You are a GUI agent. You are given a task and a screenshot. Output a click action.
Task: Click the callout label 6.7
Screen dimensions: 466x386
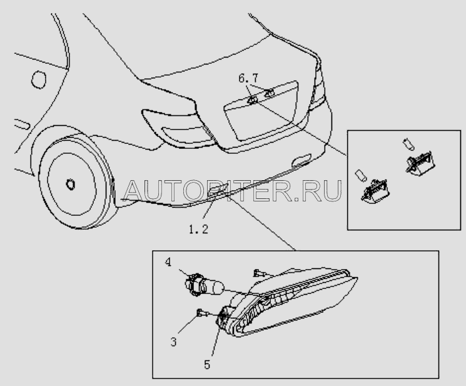[x=248, y=78]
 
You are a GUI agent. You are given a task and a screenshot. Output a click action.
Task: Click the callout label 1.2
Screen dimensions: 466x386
[x=198, y=229]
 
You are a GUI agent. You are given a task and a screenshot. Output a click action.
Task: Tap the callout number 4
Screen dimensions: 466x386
[x=168, y=262]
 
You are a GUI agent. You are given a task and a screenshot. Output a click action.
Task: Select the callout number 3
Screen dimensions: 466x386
[x=173, y=342]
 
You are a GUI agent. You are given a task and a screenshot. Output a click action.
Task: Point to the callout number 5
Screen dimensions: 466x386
[x=207, y=365]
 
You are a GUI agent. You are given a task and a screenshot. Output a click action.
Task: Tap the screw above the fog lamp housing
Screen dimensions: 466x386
[x=258, y=273]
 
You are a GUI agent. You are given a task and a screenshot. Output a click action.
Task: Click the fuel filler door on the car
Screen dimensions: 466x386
[x=39, y=79]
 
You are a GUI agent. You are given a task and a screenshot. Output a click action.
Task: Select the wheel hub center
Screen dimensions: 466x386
[x=71, y=185]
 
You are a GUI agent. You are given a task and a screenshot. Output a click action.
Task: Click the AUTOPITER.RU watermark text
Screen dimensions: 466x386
[x=232, y=190]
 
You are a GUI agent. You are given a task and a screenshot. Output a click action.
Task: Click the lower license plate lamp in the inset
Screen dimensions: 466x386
[x=375, y=191]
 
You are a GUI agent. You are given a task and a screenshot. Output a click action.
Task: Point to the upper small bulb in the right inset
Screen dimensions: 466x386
[x=408, y=144]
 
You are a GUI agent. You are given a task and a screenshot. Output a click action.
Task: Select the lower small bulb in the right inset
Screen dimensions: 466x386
[x=361, y=175]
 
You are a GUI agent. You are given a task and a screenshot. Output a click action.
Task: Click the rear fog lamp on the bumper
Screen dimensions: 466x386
[x=218, y=190]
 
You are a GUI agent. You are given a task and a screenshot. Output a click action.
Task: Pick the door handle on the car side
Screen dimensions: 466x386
[x=22, y=124]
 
